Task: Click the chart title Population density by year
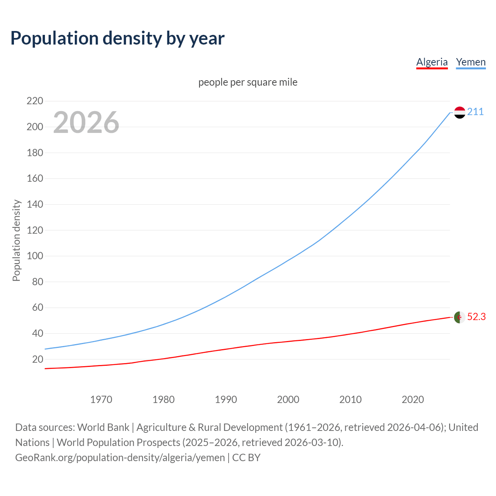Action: [x=117, y=38]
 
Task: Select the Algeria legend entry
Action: [x=432, y=62]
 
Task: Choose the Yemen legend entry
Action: [x=470, y=62]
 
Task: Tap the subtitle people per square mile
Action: [x=248, y=82]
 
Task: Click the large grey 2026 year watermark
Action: [x=86, y=122]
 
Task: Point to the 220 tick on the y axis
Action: [x=35, y=101]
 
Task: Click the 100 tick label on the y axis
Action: [x=35, y=256]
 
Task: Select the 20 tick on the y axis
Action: [x=38, y=359]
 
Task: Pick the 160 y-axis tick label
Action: [x=35, y=179]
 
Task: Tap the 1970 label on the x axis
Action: [x=101, y=400]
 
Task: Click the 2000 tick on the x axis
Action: [x=288, y=400]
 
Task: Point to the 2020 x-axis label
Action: [x=413, y=400]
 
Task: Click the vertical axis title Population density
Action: [x=16, y=240]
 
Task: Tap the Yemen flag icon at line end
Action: [x=460, y=112]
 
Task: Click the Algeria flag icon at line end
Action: [x=460, y=317]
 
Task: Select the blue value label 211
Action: [x=475, y=112]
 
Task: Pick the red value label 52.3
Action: [x=476, y=317]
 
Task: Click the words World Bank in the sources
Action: [x=103, y=427]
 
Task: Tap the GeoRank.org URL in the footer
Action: [x=120, y=458]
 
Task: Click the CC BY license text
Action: [x=246, y=458]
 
